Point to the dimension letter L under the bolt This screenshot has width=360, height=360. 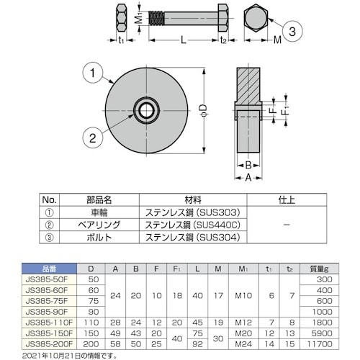click(184, 43)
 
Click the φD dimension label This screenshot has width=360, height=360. click(202, 110)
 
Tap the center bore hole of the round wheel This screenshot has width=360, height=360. click(146, 109)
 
